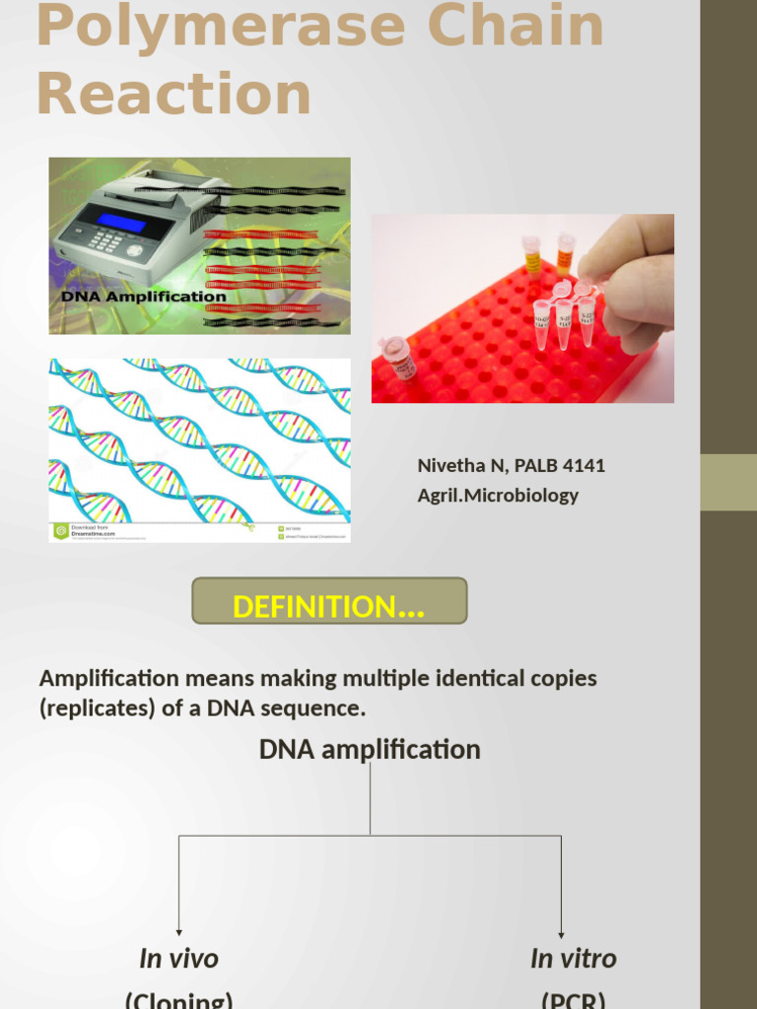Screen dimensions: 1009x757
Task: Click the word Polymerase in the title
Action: (x=219, y=28)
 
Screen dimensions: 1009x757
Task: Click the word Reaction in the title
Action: (x=173, y=96)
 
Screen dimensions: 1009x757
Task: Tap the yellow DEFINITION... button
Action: (x=328, y=606)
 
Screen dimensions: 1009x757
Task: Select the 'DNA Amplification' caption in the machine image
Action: (x=144, y=296)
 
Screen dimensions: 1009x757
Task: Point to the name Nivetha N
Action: (x=459, y=465)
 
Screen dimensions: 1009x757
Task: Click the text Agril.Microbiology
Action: (x=498, y=496)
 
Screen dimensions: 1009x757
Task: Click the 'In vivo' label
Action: (x=178, y=958)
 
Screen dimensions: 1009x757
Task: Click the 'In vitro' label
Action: (x=573, y=958)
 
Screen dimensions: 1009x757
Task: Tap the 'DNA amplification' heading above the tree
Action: (x=370, y=750)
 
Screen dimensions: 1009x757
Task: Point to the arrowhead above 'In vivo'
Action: (x=178, y=931)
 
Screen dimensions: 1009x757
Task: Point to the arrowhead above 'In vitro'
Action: (x=562, y=933)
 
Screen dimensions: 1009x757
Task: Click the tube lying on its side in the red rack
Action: (x=399, y=358)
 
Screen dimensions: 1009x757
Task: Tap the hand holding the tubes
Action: (x=632, y=272)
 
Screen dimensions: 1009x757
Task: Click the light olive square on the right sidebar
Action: (x=728, y=482)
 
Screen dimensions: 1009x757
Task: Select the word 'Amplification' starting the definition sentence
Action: (x=108, y=679)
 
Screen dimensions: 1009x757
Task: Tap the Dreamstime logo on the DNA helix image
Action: (x=61, y=530)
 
